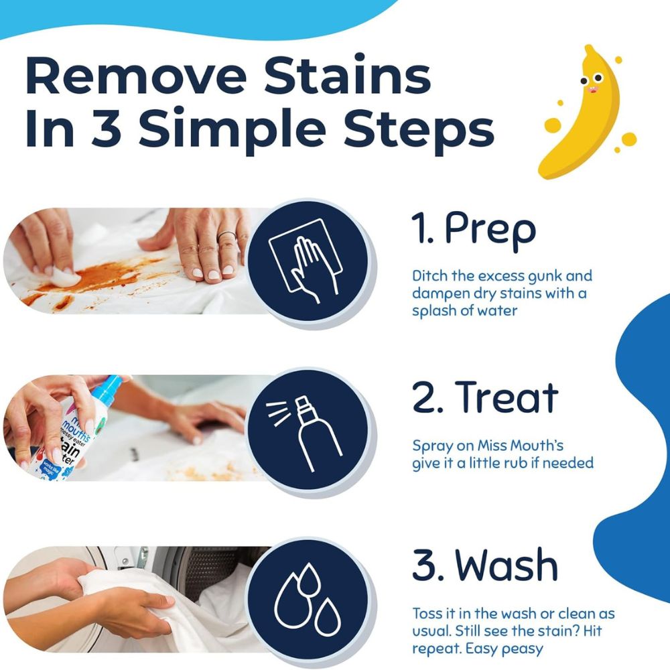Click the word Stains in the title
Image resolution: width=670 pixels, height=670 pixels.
(x=347, y=76)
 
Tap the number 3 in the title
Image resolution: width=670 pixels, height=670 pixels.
(x=107, y=127)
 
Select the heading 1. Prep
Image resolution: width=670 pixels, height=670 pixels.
(x=474, y=230)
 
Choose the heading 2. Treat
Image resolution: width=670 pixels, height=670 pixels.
(x=485, y=397)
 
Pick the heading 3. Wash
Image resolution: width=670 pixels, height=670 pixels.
(x=485, y=565)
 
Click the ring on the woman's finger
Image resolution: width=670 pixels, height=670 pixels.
(x=226, y=234)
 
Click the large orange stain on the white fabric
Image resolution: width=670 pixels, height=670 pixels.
(x=107, y=273)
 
